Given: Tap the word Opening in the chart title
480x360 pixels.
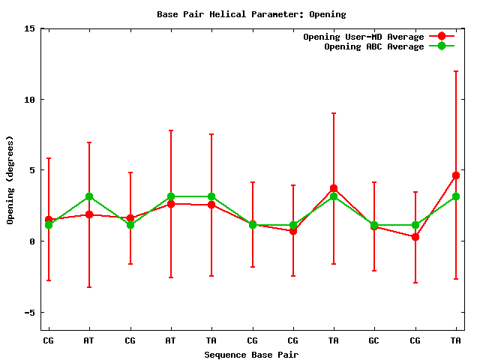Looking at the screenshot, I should (327, 14).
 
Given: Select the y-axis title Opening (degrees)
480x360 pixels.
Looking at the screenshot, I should (10, 180).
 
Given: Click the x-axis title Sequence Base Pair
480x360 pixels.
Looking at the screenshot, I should (251, 354).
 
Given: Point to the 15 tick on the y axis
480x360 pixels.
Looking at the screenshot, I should (30, 28).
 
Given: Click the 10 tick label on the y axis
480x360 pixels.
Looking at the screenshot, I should (30, 100).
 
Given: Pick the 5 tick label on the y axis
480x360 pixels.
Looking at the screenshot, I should (33, 170).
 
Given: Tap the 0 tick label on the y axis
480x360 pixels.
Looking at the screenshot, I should (33, 241).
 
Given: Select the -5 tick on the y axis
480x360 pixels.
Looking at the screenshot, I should (30, 313).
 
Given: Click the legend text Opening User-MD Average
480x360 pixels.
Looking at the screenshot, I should (363, 37).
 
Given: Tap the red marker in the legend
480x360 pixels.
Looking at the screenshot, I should (442, 36).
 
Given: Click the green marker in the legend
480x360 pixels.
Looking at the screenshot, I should (442, 46).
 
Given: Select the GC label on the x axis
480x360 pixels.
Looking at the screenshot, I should (374, 340).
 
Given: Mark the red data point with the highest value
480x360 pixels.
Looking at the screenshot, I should (455, 175).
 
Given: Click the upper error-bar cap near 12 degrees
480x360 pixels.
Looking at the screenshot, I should (455, 71).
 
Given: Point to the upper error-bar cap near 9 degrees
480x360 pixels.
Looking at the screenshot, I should (333, 113).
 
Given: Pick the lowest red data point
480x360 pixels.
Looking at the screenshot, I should (415, 237).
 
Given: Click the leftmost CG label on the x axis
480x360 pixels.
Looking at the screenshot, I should (49, 340).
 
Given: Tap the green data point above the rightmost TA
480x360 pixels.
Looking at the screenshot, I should (455, 196).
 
